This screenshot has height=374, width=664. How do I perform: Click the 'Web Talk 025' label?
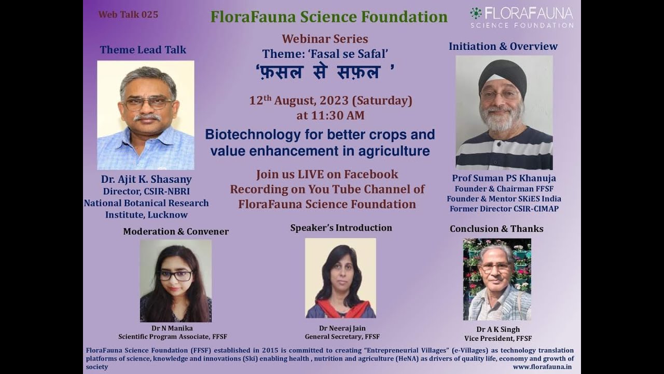128,15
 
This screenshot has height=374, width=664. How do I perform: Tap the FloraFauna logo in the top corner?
521,17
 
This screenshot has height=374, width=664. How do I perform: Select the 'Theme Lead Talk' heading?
143,50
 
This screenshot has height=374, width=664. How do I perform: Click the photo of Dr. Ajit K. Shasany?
146,115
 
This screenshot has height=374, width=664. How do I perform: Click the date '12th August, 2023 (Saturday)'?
330,100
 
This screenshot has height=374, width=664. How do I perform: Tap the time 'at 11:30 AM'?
330,115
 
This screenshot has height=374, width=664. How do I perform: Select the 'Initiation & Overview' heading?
503,46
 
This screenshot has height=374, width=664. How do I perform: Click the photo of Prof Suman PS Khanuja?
504,112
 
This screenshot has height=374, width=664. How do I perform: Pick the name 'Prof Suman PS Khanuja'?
504,178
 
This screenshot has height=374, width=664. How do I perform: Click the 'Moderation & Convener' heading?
176,231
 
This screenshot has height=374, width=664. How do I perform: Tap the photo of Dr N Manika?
176,280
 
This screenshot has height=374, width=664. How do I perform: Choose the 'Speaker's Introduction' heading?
341,228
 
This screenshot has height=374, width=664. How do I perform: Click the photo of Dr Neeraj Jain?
340,278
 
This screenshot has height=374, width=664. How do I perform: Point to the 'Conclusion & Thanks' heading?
496,229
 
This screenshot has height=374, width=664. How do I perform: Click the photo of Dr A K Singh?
497,279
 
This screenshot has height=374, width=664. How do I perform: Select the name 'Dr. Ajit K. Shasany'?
146,179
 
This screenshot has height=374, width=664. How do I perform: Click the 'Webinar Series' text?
325,39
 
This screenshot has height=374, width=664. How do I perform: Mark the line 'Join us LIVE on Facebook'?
327,175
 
